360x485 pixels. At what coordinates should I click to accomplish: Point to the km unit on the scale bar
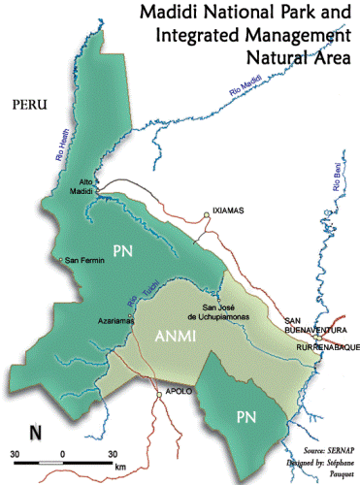point(120,468)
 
